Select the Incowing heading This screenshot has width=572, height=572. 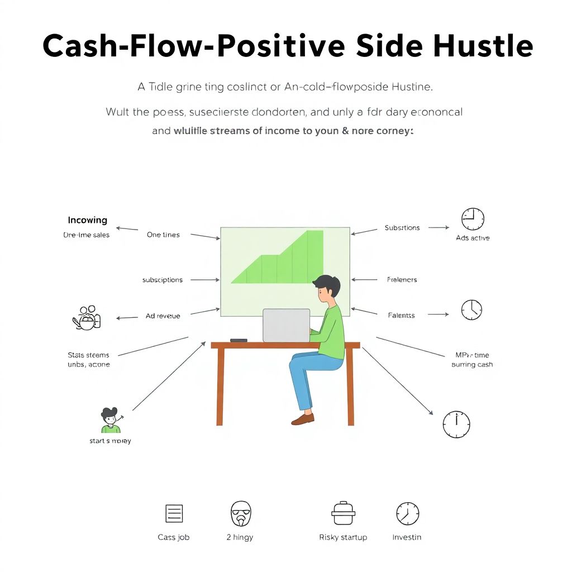point(87,220)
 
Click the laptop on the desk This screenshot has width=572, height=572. point(287,325)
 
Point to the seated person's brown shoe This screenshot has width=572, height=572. point(303,418)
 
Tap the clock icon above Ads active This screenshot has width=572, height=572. point(473,219)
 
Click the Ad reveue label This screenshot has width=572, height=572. point(163,316)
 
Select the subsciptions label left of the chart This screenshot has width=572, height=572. point(163,280)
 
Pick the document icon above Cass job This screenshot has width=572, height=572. point(174,513)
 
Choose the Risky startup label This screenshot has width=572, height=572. point(343,537)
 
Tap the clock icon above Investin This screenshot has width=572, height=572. point(407,513)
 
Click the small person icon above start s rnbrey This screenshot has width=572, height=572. point(111,420)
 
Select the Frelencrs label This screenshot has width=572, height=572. point(402,280)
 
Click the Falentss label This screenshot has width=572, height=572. point(402,316)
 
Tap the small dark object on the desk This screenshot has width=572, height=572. point(239,340)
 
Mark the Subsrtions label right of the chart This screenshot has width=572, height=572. point(402,228)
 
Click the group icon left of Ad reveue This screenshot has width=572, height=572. point(87,317)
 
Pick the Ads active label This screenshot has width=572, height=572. point(473,238)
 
